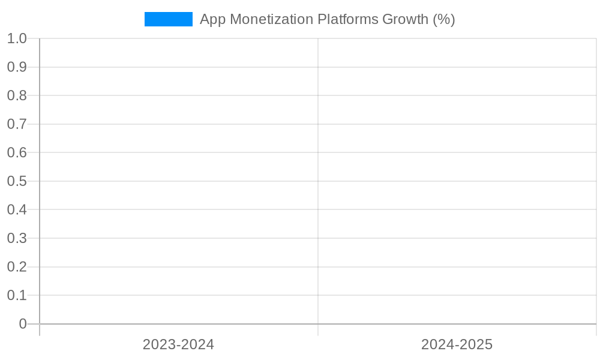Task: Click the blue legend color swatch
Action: [169, 19]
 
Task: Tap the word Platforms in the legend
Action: [347, 19]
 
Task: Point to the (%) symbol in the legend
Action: [444, 19]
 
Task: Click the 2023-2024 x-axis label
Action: [178, 344]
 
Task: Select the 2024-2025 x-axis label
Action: [457, 344]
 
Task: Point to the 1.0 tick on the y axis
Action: [17, 38]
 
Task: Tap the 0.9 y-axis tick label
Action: [17, 67]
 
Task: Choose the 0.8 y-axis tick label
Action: [17, 95]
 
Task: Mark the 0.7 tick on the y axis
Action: [17, 124]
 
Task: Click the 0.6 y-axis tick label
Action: [17, 152]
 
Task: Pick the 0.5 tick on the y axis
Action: [17, 181]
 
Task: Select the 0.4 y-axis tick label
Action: [17, 209]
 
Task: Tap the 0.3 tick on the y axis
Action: [17, 238]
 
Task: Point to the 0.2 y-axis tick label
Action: [17, 266]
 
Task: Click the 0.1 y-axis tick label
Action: [17, 295]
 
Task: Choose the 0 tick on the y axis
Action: [23, 324]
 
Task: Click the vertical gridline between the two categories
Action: [318, 180]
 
